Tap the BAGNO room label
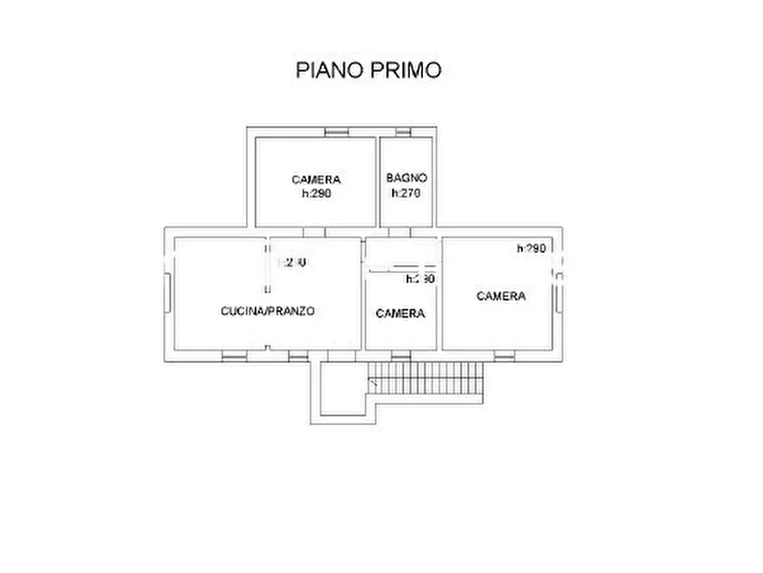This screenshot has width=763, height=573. point(406,178)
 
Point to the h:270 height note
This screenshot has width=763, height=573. point(406,193)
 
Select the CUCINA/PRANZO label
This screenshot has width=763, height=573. point(267,311)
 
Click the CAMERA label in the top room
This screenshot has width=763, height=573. point(316,180)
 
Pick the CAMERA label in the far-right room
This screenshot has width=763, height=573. point(501,296)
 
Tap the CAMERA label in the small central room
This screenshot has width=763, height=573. point(400,314)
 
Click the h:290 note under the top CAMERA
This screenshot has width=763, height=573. point(316,194)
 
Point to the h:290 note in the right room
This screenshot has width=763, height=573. point(531,249)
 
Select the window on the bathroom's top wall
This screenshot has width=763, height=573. point(403,132)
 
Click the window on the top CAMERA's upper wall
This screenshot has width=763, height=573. point(336,132)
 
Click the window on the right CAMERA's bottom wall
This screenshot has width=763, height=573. point(506,354)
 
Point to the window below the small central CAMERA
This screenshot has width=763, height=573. point(402,354)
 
